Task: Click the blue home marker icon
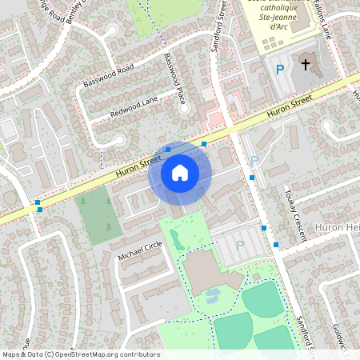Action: coord(180,172)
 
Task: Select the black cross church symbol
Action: coord(305,64)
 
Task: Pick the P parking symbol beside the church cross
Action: coord(279,70)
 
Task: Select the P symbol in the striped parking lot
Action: coord(240,246)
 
